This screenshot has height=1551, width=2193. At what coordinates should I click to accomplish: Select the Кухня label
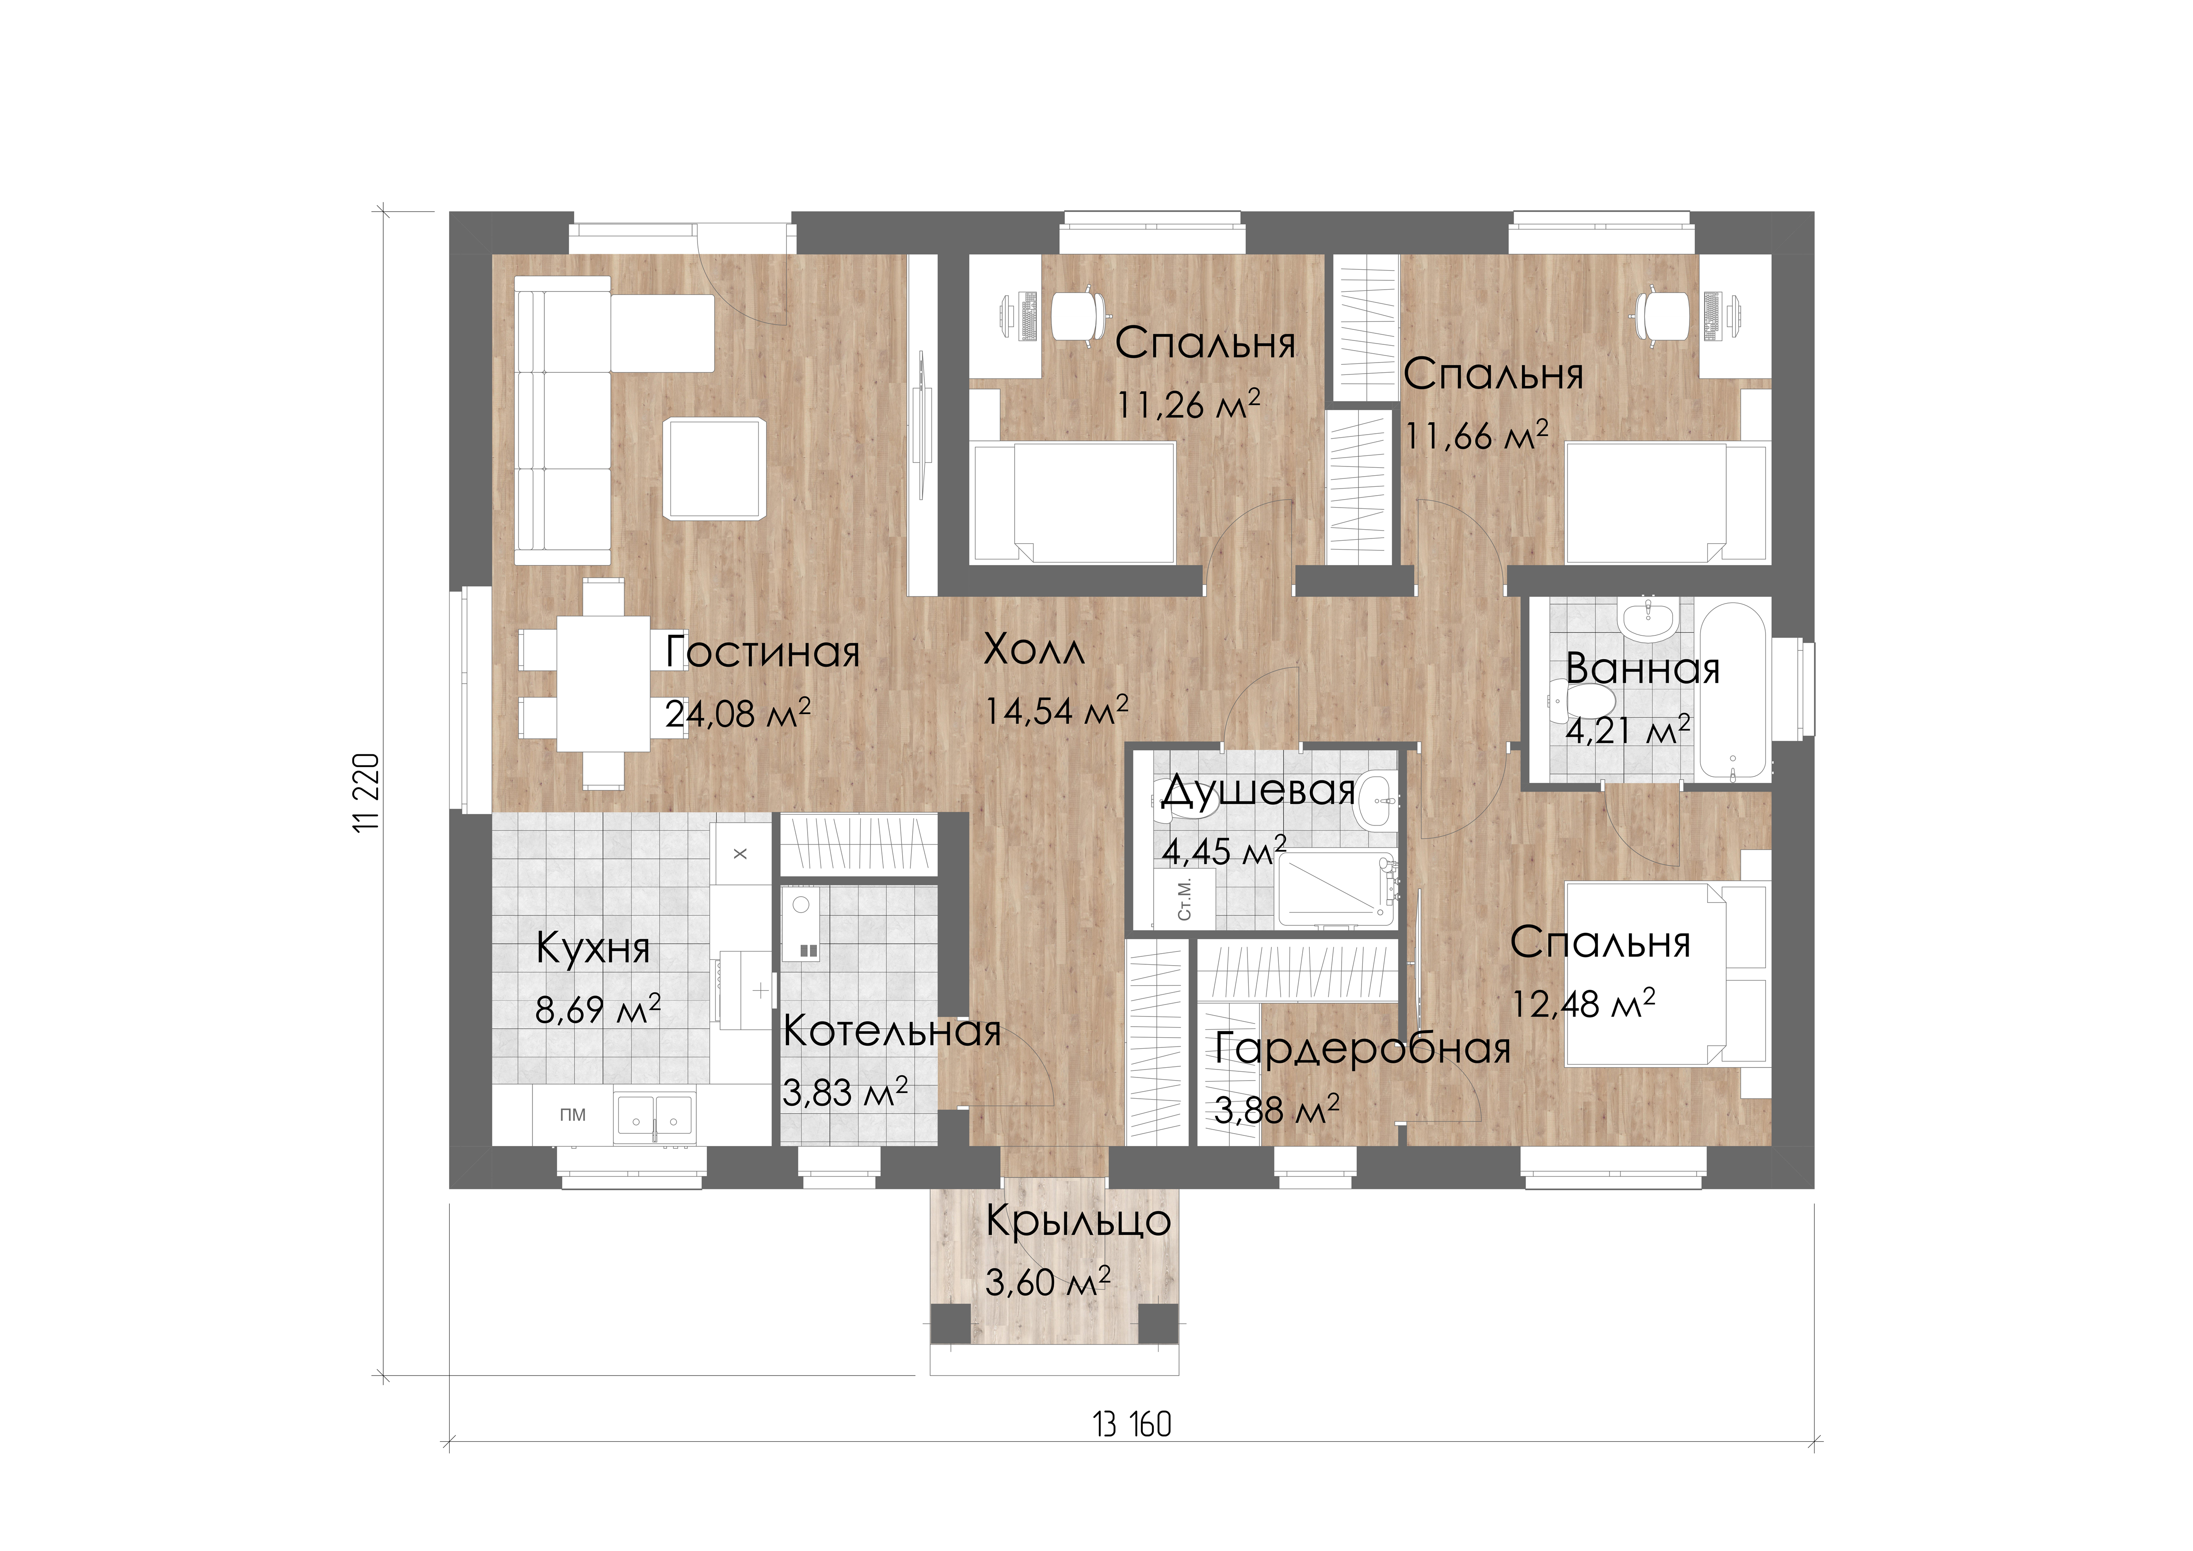(x=593, y=948)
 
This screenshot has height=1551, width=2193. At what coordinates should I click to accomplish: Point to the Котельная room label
(x=891, y=1031)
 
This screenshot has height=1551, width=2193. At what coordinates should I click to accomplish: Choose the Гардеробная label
(x=1363, y=1049)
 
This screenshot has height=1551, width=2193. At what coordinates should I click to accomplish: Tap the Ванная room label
(x=1643, y=669)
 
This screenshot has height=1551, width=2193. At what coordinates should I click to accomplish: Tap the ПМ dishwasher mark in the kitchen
(x=573, y=1115)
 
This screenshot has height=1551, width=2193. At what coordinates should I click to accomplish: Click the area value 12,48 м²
(x=1583, y=1003)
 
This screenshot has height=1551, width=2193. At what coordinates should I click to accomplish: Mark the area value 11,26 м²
(x=1188, y=404)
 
